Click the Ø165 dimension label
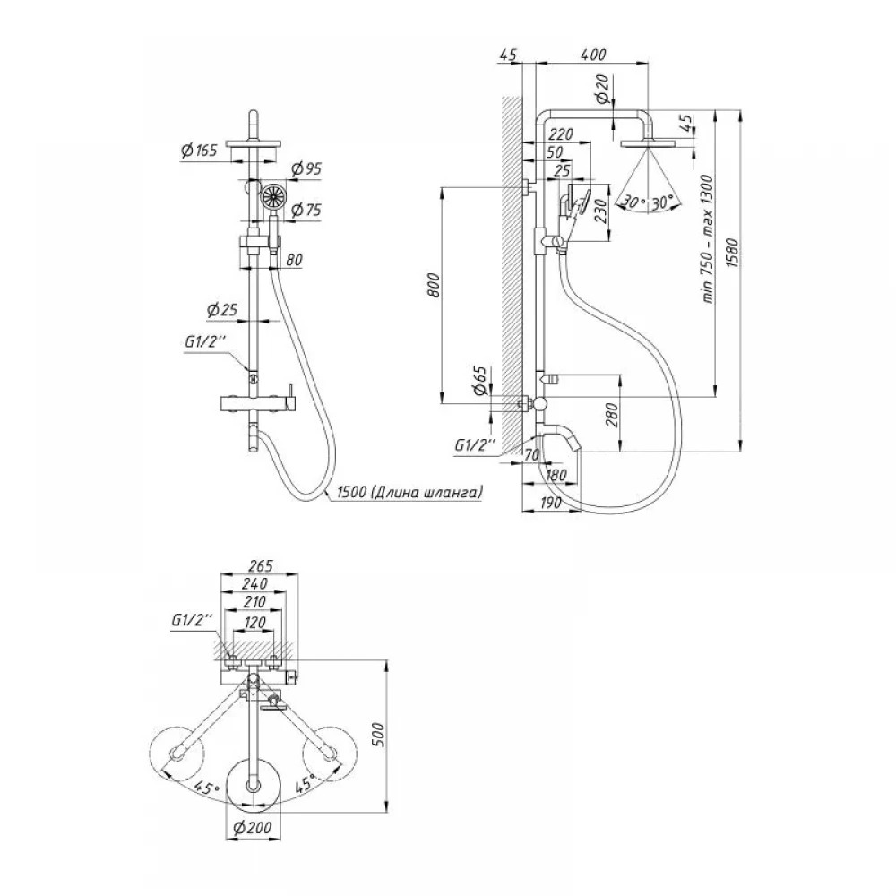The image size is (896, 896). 200,151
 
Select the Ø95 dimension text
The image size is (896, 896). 306,169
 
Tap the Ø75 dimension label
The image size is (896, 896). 306,210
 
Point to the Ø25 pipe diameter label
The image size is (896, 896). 221,310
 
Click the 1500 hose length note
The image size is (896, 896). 410,491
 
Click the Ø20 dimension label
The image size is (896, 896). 603,89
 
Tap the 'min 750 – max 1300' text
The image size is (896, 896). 708,239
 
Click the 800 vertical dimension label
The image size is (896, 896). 434,285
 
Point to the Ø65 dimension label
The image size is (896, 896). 480,381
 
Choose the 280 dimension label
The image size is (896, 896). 611,415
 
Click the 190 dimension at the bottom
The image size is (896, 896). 550,503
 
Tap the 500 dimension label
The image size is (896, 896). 378,735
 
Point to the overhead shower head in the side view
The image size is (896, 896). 648,142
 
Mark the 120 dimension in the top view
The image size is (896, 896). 254,623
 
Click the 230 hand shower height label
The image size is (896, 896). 599,211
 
